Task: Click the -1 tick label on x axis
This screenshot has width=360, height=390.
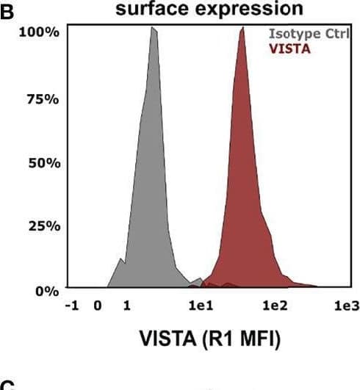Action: pyautogui.click(x=74, y=305)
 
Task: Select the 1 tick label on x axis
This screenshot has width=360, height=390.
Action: pyautogui.click(x=126, y=305)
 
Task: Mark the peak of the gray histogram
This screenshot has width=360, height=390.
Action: pyautogui.click(x=153, y=28)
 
